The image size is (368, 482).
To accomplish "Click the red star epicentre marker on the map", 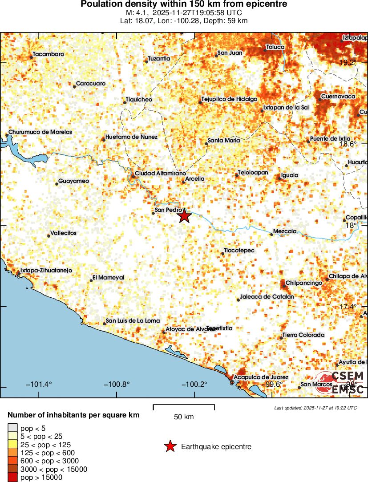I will [x=185, y=216].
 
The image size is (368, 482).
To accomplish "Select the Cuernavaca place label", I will [x=338, y=97].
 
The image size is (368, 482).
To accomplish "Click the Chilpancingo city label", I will [x=303, y=283].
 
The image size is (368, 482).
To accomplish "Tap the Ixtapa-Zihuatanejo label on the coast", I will [x=46, y=270].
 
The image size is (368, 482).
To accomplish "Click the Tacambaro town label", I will [x=49, y=54].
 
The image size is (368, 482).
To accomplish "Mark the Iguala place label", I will [x=290, y=175].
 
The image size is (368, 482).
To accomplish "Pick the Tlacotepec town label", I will [x=239, y=251].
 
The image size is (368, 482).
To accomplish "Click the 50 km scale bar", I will [x=184, y=407].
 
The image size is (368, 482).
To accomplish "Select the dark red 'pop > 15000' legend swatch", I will [x=12, y=477].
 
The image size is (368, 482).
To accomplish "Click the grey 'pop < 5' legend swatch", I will [x=12, y=428].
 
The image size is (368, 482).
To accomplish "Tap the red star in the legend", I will [x=170, y=446].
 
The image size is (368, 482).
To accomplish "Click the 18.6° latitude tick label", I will [x=348, y=144].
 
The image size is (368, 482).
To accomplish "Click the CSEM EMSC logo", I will [x=340, y=382].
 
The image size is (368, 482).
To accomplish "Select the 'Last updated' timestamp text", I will [x=315, y=408].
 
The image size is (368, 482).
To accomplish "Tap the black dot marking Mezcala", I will [x=271, y=234].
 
